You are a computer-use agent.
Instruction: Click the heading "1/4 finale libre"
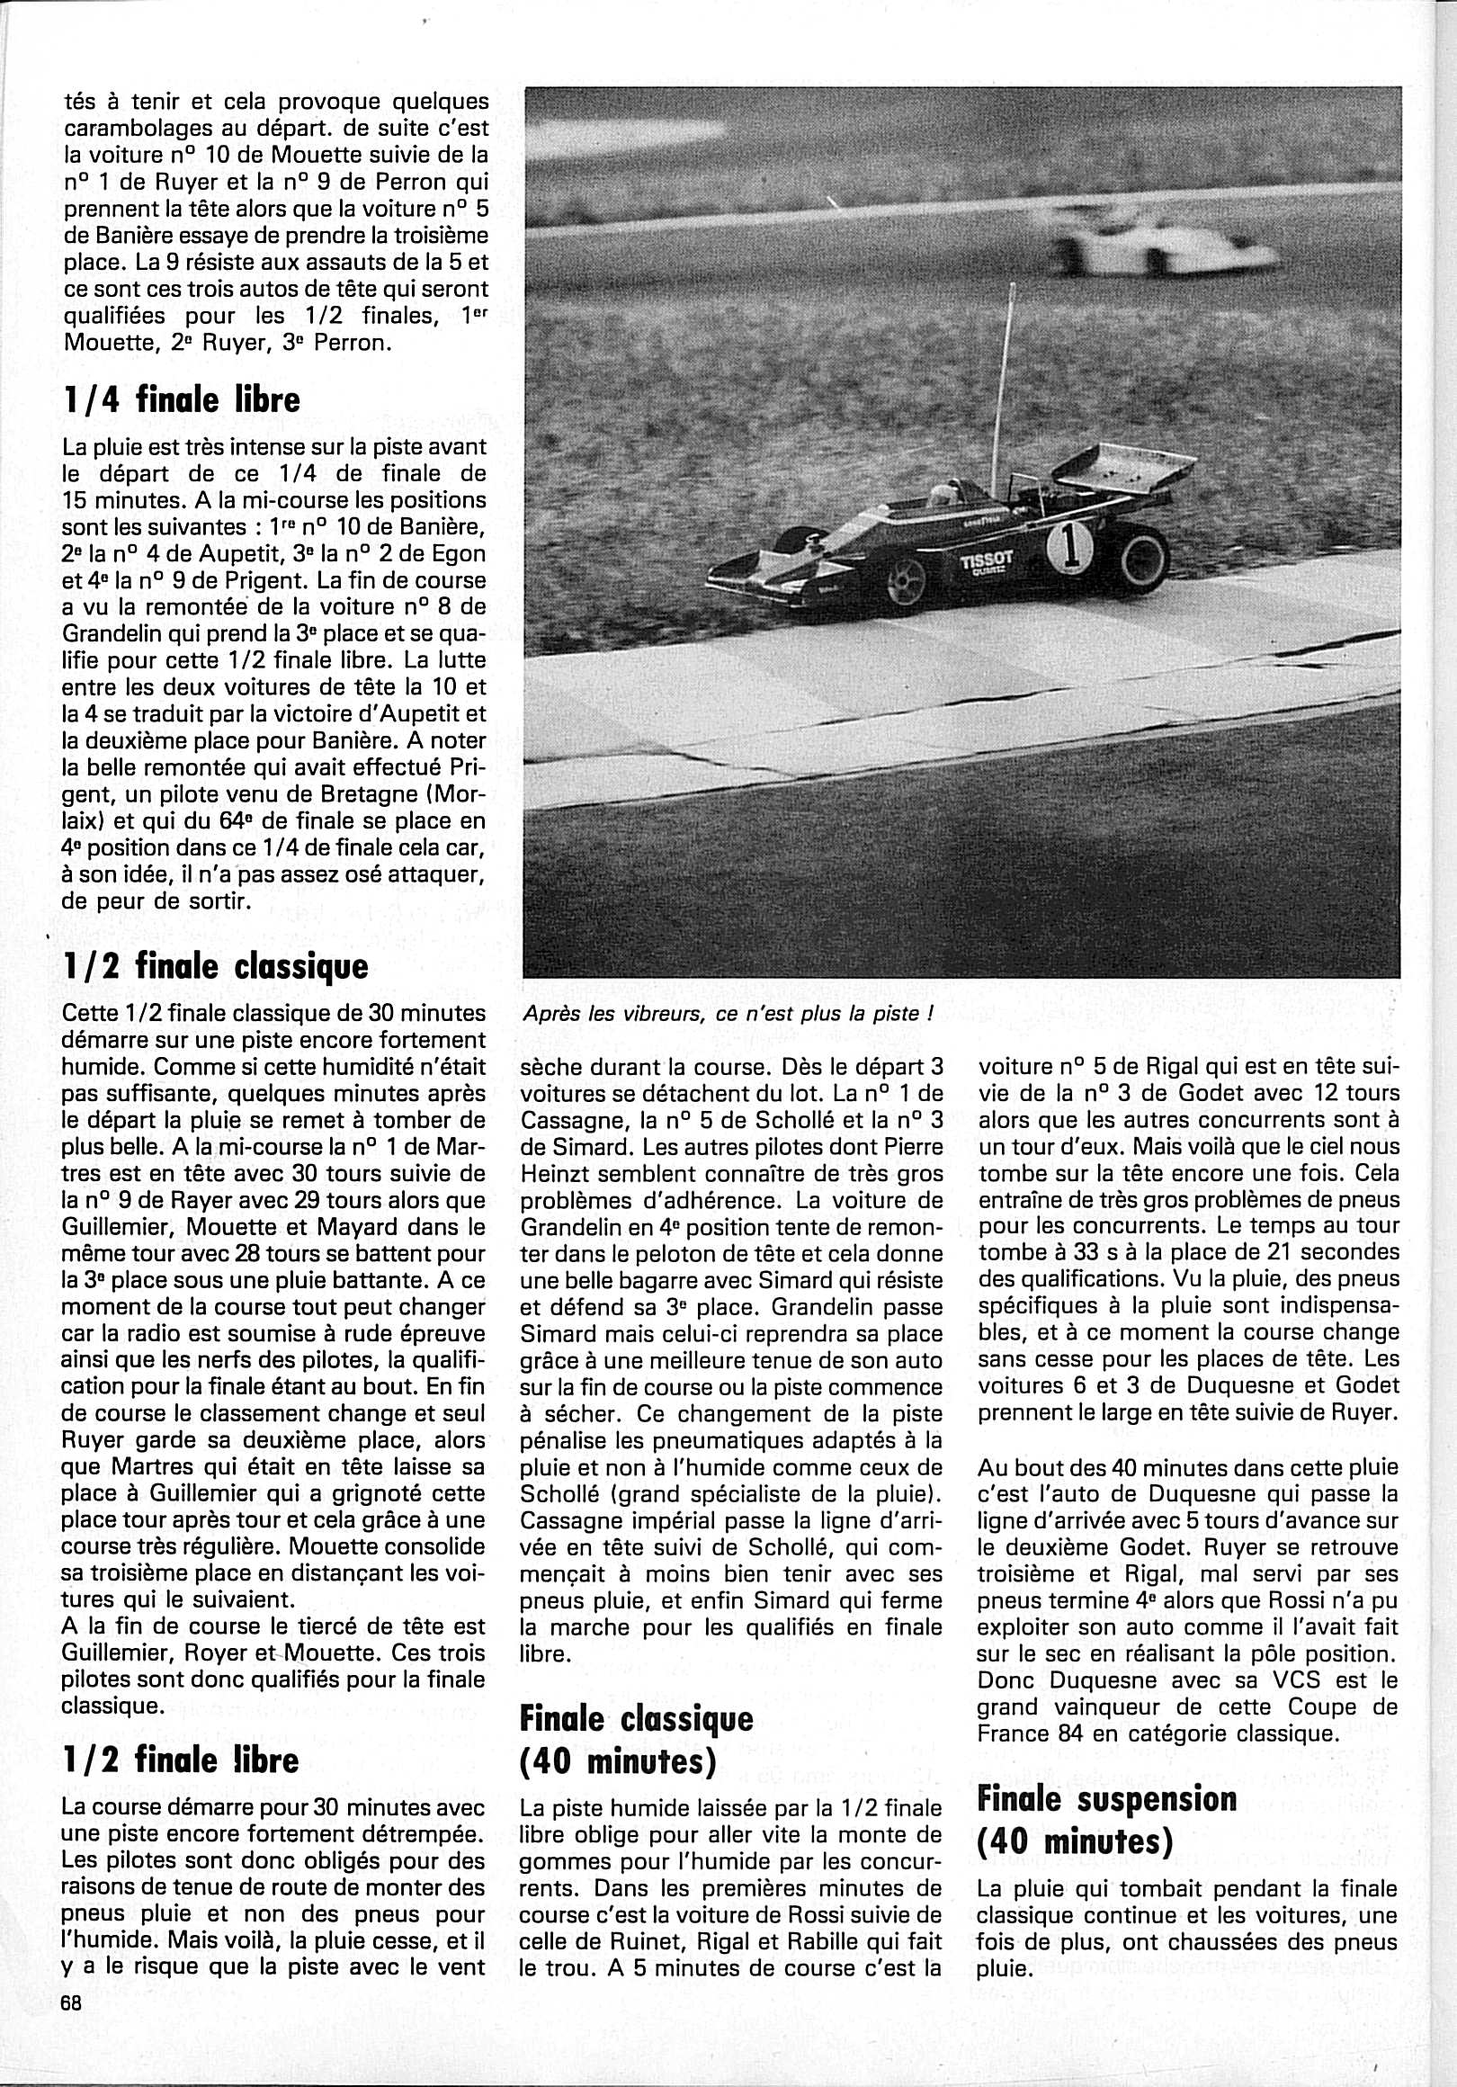tap(182, 400)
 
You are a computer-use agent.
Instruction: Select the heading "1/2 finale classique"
tap(217, 966)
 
